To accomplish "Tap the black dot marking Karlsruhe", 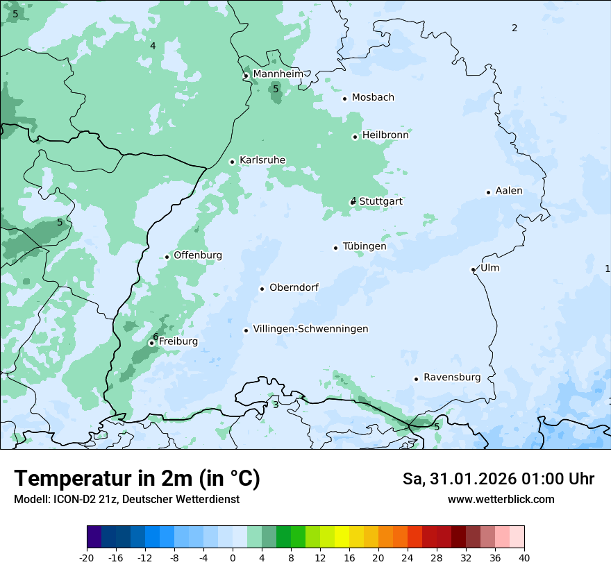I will click(x=233, y=162).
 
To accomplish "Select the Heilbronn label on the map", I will click(x=385, y=135).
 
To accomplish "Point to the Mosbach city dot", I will click(x=344, y=99).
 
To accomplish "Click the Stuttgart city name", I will click(x=381, y=201).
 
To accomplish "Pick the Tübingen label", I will click(x=365, y=246).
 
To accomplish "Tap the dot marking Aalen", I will click(x=488, y=192).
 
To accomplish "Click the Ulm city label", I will click(x=489, y=268).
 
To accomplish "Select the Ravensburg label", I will click(x=452, y=378).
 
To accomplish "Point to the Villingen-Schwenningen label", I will click(x=310, y=329).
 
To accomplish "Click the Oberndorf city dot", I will click(x=262, y=289).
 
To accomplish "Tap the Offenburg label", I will click(x=198, y=255).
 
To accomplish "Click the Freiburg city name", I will click(x=178, y=341).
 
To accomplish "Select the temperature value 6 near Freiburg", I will click(x=156, y=337).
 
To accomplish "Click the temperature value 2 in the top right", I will click(x=514, y=28).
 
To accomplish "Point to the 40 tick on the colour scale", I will click(x=524, y=558).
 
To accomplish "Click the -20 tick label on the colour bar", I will click(x=87, y=558).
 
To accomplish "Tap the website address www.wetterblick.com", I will click(x=501, y=499).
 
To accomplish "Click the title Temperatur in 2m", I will click(x=137, y=479).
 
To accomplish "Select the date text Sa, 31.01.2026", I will click(x=459, y=479).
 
